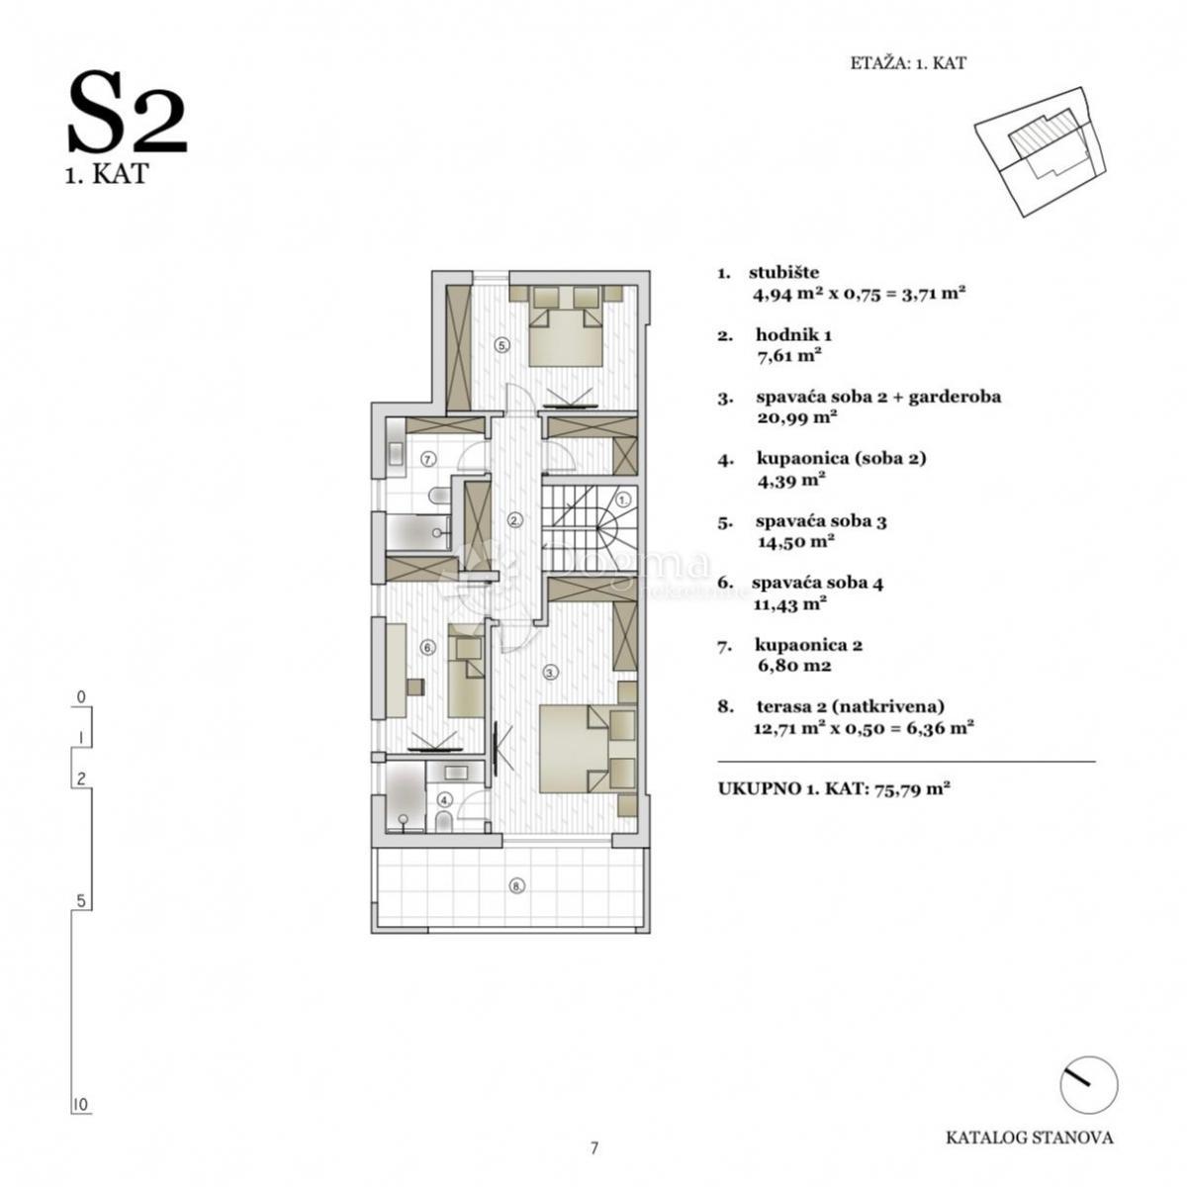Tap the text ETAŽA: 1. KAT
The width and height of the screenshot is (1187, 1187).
tap(907, 63)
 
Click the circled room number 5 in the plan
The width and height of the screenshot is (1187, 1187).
tap(502, 345)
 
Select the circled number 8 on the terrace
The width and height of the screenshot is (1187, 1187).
tap(514, 885)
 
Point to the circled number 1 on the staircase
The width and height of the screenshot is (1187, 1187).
tap(623, 501)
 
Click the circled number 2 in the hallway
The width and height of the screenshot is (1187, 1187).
tap(514, 519)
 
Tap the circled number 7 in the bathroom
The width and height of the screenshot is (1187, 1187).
tap(427, 459)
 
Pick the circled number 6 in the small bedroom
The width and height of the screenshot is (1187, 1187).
tap(427, 648)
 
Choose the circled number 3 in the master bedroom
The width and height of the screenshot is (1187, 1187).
tap(551, 672)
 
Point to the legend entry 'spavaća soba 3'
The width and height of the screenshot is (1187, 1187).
tap(820, 521)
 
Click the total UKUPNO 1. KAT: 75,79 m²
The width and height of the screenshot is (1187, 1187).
tap(835, 789)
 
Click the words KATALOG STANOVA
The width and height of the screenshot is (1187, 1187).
tap(1029, 1138)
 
